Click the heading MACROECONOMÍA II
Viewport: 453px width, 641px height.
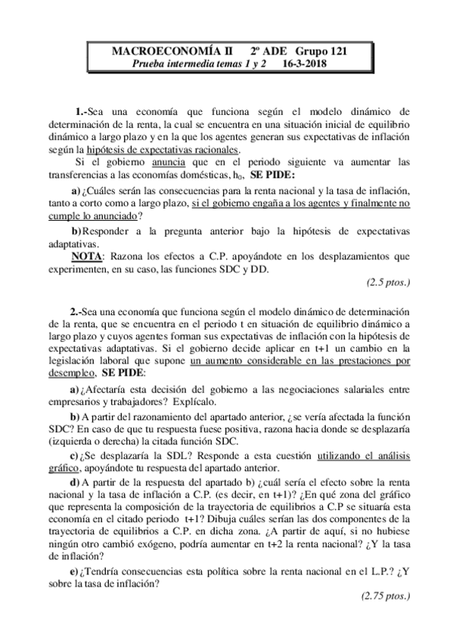pyautogui.click(x=155, y=51)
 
